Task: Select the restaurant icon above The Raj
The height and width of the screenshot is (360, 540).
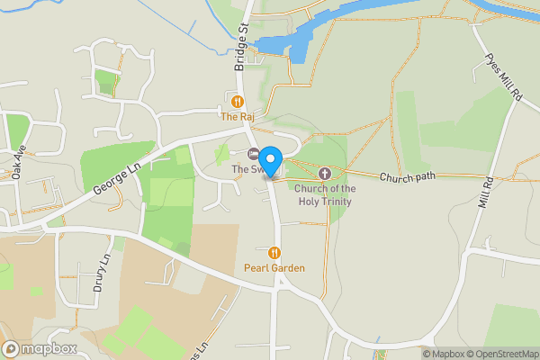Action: tap(238, 102)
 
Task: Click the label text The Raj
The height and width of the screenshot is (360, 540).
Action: tap(238, 117)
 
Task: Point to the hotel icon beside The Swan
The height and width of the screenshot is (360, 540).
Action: tap(254, 154)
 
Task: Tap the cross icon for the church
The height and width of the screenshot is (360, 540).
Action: tap(324, 173)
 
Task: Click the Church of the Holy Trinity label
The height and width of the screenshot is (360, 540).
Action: tap(325, 195)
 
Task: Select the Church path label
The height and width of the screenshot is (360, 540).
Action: tap(407, 177)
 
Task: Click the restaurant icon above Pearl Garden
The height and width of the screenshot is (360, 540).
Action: tap(274, 253)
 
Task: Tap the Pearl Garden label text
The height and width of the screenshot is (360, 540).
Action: tap(274, 268)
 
